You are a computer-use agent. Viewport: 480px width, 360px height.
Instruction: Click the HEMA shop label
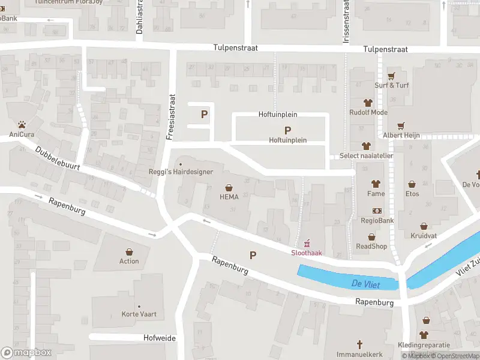(x=229, y=197)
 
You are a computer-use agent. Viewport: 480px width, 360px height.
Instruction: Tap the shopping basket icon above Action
(x=129, y=252)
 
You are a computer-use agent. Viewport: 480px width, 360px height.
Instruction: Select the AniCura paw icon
(x=22, y=125)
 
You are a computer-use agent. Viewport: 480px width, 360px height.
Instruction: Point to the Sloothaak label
(x=307, y=253)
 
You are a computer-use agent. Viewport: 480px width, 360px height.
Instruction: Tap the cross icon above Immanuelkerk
(x=360, y=344)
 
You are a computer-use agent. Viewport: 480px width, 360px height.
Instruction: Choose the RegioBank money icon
(x=377, y=211)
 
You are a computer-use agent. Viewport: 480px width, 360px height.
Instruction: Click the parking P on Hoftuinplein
(x=287, y=130)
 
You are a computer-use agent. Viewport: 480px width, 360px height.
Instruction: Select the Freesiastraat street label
(x=171, y=116)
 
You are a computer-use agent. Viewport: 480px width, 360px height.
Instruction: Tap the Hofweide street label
(x=160, y=338)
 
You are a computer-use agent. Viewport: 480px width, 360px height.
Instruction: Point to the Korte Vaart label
(x=139, y=314)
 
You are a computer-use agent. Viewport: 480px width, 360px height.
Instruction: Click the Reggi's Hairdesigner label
(x=181, y=172)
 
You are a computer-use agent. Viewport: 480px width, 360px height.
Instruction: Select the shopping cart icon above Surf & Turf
(x=392, y=76)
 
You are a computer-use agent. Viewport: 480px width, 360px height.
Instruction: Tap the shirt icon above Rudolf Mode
(x=368, y=103)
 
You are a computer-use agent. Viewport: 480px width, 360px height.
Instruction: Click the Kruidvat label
(x=424, y=235)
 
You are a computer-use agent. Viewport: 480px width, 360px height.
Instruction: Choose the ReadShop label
(x=371, y=246)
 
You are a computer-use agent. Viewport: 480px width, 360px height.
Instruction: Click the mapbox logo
(x=26, y=353)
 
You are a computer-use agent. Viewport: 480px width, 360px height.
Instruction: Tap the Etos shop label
(x=412, y=194)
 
